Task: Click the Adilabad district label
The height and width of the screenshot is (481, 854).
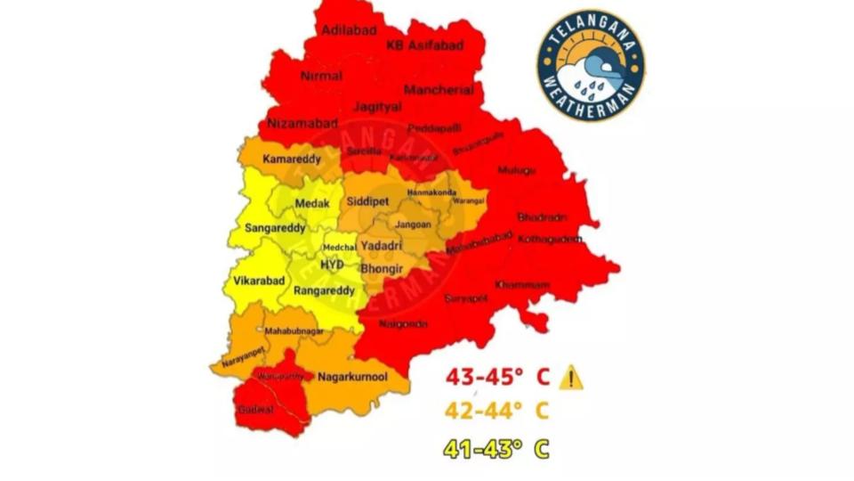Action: (343, 29)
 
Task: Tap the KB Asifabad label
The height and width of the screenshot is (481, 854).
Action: (424, 45)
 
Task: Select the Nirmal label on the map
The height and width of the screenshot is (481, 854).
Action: (321, 76)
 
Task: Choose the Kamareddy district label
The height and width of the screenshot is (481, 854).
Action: (291, 159)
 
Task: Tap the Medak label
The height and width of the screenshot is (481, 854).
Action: (312, 204)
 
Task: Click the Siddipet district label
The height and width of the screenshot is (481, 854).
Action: (368, 202)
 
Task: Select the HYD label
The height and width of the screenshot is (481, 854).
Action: (332, 265)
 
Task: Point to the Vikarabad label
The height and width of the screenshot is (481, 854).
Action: (259, 281)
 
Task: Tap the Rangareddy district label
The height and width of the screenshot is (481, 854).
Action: (324, 290)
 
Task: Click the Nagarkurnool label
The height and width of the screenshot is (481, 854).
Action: (352, 377)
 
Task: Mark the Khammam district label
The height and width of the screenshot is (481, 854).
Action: (522, 284)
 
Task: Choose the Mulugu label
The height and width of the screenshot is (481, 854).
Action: (517, 170)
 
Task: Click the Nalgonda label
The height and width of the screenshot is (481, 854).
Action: (403, 324)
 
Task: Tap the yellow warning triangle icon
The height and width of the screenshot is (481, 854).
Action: (571, 378)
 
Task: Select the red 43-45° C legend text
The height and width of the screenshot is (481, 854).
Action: (498, 378)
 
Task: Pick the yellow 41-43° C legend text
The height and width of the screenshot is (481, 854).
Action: (498, 448)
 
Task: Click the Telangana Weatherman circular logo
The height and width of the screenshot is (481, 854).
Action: (591, 66)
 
